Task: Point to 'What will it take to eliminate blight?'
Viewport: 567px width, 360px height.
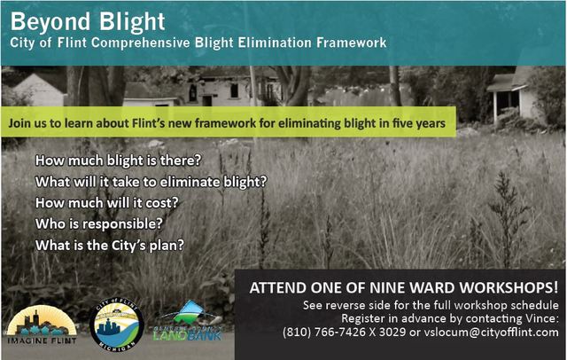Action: (151, 182)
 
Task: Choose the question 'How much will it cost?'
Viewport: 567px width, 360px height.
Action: (106, 202)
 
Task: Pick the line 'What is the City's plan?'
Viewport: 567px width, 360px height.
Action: (110, 245)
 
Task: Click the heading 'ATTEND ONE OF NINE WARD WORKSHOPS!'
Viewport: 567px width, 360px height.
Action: (404, 288)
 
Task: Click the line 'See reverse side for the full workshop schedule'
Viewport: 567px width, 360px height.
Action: (431, 305)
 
